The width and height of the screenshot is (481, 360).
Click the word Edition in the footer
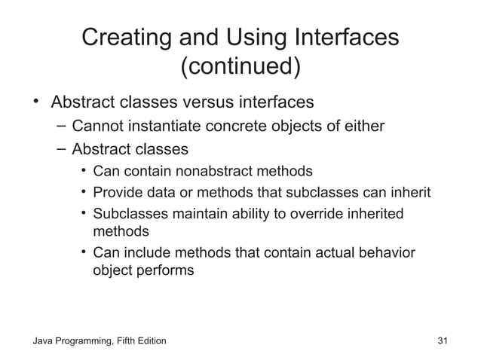pos(148,343)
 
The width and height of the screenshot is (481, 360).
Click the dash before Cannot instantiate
pos(60,124)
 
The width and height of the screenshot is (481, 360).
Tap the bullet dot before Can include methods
pos(84,252)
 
